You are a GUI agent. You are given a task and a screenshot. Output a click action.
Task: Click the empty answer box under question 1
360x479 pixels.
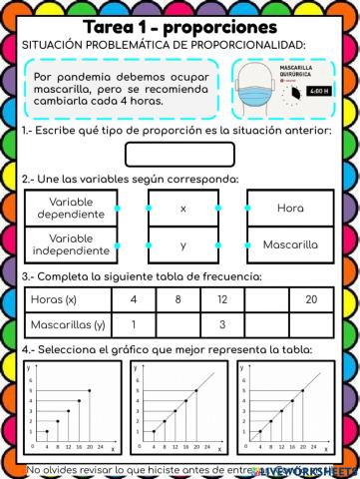point(180,155)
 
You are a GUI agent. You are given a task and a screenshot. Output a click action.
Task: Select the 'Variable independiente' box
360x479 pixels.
point(69,244)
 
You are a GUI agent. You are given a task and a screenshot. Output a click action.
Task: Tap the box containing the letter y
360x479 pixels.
point(182,244)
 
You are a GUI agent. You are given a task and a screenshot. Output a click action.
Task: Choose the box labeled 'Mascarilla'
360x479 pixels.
point(290,244)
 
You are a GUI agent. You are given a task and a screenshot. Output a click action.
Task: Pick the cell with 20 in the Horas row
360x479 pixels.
point(311,299)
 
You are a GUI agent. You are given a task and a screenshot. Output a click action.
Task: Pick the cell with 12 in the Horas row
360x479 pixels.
point(222,299)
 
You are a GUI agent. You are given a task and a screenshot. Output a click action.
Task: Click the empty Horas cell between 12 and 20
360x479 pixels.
point(266,299)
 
